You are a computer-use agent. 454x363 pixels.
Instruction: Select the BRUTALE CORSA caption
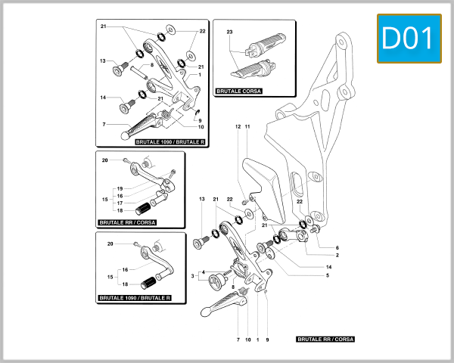coord(238,90)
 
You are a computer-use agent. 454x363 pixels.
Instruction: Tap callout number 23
coord(229,33)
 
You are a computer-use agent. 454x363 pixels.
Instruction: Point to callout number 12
coord(237,126)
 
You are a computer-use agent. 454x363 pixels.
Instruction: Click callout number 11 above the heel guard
coord(247,126)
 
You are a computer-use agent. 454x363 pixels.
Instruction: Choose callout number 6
coord(337,247)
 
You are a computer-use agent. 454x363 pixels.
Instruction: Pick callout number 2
coord(337,256)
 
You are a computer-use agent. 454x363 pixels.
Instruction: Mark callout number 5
coord(328,275)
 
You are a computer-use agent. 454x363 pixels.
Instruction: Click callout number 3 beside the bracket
coord(193,277)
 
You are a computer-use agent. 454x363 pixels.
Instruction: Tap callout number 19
coord(120,188)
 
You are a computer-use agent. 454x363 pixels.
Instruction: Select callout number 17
coord(120,203)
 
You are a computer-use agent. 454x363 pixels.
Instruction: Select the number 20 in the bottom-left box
coord(110,244)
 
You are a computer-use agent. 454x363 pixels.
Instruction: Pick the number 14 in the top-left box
coord(103,97)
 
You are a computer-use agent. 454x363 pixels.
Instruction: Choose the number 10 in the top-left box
coord(201,127)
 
